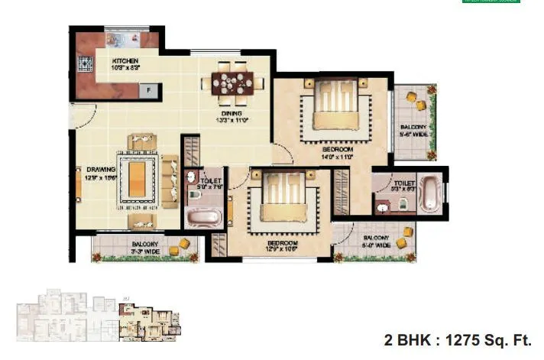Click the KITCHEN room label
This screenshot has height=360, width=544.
(125, 63)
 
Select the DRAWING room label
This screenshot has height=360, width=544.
(100, 173)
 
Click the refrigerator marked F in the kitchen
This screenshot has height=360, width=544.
(149, 91)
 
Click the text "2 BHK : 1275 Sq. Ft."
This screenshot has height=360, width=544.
(456, 340)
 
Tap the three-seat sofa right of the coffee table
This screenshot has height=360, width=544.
(170, 180)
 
